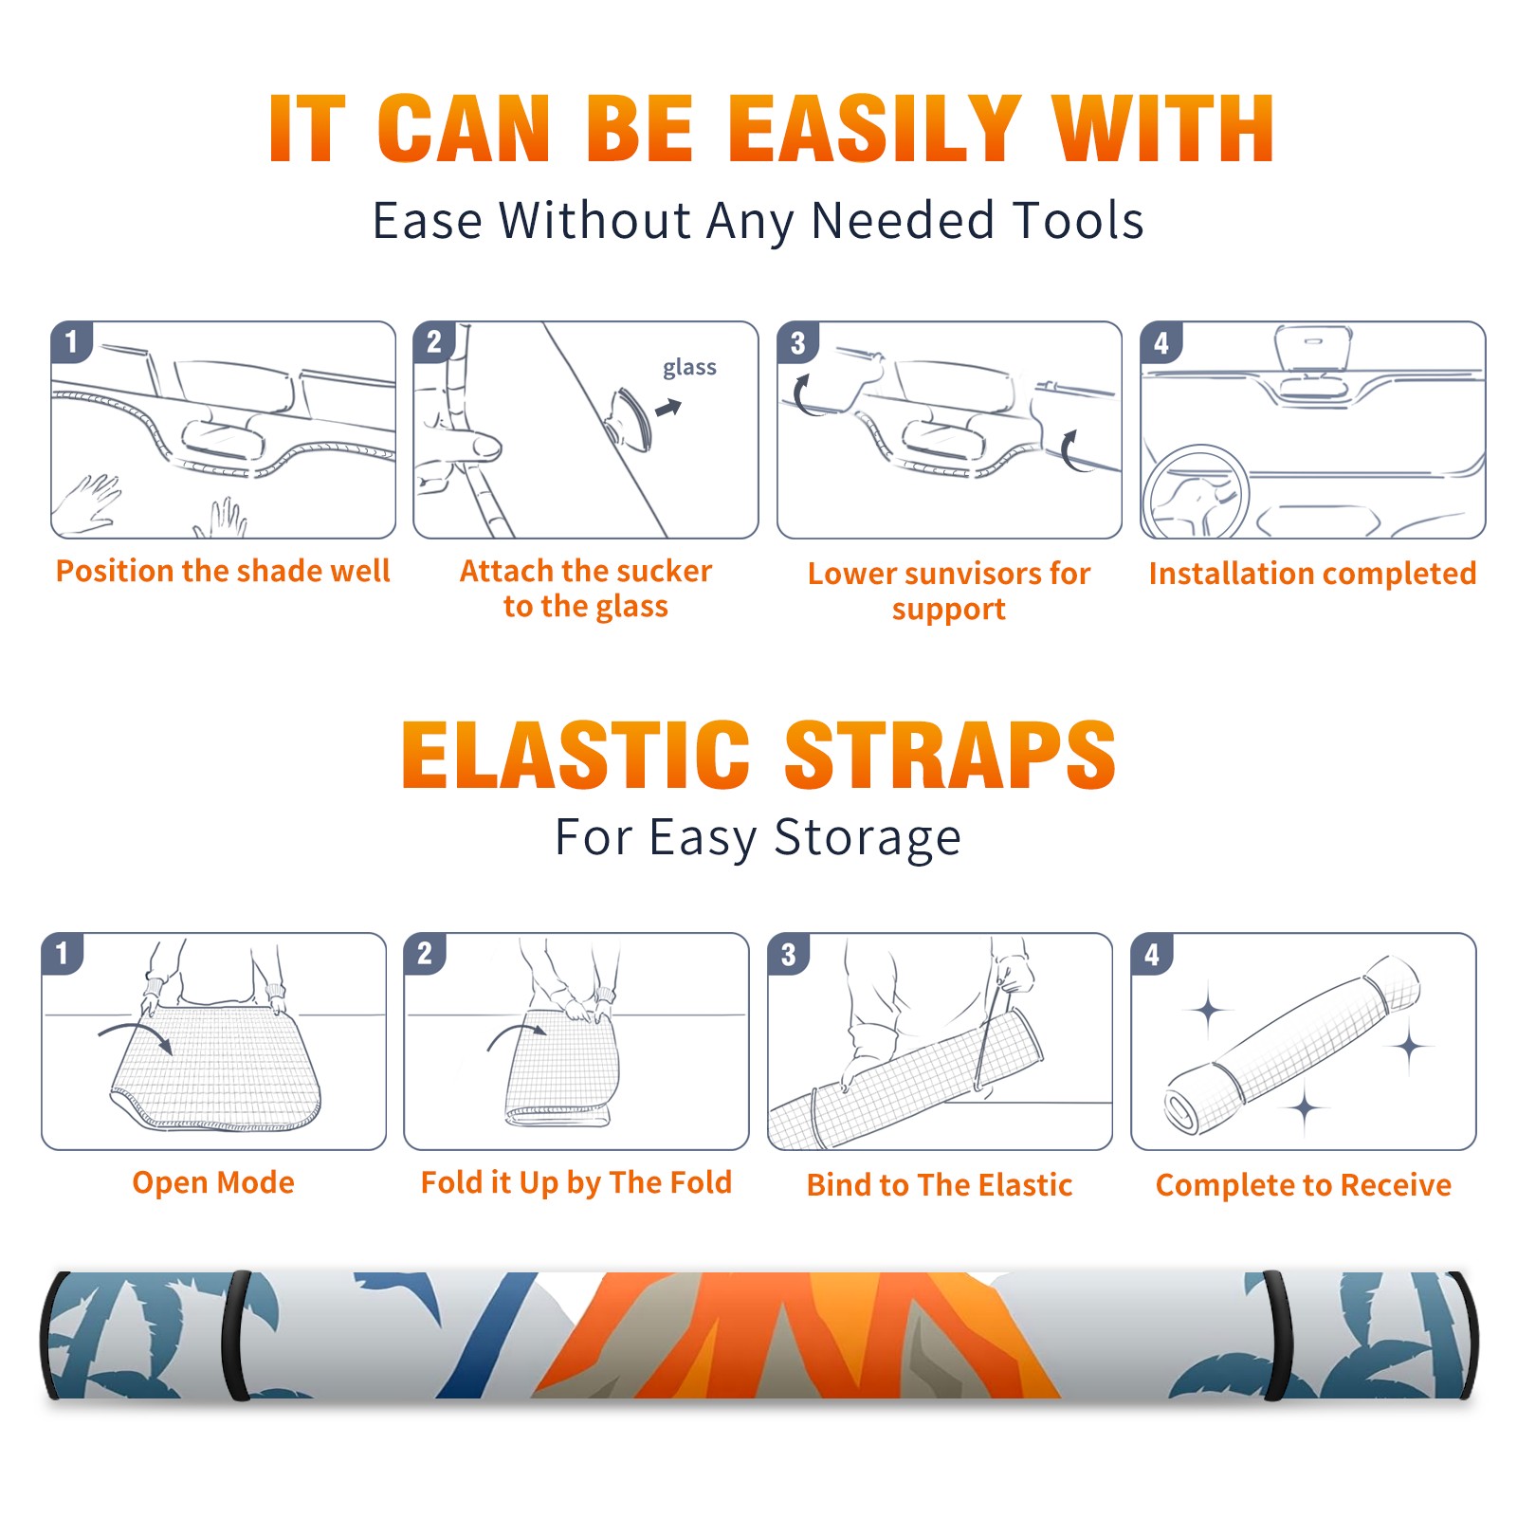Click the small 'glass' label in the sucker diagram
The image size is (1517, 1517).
pos(689,368)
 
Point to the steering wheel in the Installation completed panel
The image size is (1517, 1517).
pos(1197,493)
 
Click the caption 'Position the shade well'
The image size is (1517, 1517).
pos(223,571)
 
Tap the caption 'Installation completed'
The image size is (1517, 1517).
pos(1312,573)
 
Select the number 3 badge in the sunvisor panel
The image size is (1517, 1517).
pos(797,342)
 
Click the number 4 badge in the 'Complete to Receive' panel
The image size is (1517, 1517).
pos(1152,954)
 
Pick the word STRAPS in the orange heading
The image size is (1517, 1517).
pos(950,755)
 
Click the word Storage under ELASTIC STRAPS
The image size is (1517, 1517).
pos(868,838)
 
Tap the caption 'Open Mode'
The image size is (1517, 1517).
pos(213,1182)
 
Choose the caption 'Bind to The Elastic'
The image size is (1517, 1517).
pos(940,1185)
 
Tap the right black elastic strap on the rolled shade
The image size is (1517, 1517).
pos(1276,1336)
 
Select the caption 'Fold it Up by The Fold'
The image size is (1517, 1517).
pos(576,1182)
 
